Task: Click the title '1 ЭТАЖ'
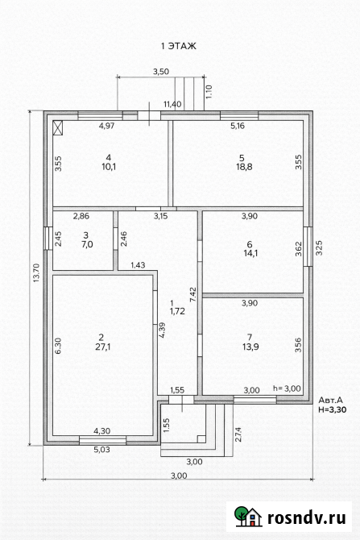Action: point(179,47)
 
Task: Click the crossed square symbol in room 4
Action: point(58,127)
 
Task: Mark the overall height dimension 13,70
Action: point(35,278)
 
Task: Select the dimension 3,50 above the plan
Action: point(161,72)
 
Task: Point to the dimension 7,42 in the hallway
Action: point(192,293)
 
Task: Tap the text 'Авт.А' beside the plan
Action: point(331,400)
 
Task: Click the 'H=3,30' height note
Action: point(332,409)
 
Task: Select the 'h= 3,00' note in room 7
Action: point(287,388)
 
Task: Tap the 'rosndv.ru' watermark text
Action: point(309,517)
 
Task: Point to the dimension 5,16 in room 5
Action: point(238,127)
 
